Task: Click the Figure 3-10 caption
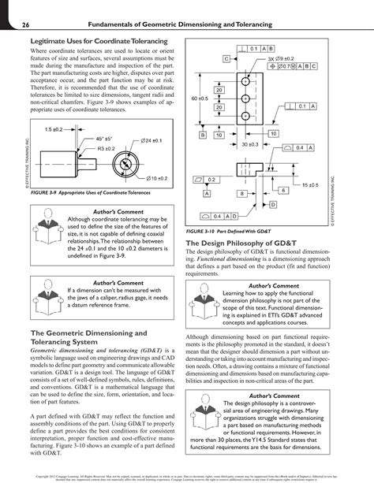pos(237,232)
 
